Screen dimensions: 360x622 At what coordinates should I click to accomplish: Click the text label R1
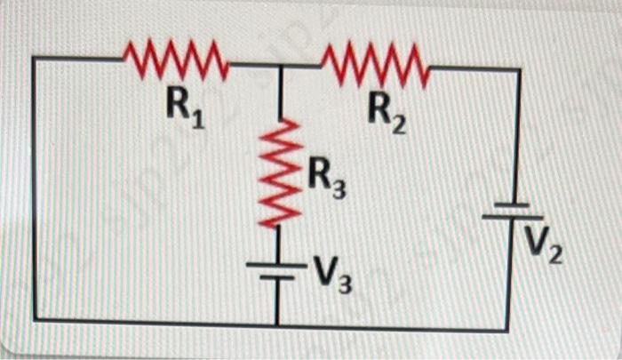[185, 108]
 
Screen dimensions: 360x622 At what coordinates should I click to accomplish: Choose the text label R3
[326, 181]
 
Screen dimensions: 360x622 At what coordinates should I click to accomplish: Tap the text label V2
[544, 244]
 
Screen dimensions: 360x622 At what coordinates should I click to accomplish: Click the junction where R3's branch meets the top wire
[281, 66]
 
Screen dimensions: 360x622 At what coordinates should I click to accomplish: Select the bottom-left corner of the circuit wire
[36, 319]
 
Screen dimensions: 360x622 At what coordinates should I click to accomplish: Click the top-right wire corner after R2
[519, 68]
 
